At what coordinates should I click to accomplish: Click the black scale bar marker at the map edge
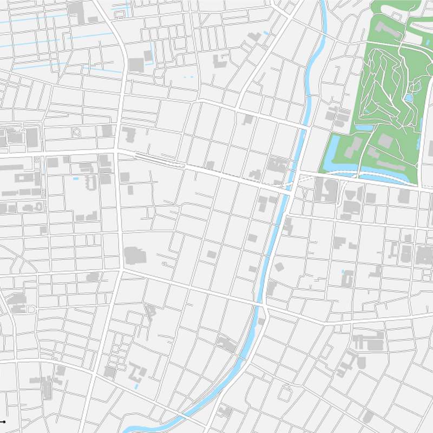click(x=3, y=421)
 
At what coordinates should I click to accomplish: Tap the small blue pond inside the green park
click(x=409, y=98)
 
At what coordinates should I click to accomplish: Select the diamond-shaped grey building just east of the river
click(x=279, y=266)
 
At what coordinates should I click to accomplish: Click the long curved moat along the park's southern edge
click(x=379, y=177)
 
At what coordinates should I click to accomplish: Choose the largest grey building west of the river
click(x=133, y=255)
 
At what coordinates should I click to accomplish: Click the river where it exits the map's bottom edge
click(x=130, y=430)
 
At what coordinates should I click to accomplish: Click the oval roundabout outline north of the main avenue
click(x=76, y=133)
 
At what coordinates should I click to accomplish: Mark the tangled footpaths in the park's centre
click(x=384, y=87)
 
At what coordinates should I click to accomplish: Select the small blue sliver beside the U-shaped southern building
click(x=136, y=386)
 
